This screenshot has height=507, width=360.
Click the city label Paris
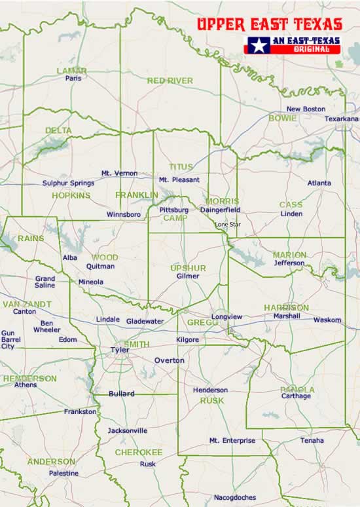pos(73,78)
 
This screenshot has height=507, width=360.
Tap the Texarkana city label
pos(342,119)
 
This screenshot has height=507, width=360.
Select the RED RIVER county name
pos(170,81)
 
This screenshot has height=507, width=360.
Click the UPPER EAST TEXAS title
pos(270,25)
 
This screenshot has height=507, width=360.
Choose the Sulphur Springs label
pos(68,183)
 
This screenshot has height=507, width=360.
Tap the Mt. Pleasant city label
pos(179,179)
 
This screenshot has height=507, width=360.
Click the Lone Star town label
pos(228,224)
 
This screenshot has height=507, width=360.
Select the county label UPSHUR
pos(188,269)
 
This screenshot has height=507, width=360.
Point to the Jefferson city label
pos(289,263)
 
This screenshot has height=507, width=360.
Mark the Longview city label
pos(226,317)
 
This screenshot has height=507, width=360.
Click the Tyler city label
pos(119,350)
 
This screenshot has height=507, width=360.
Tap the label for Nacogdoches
pos(234,498)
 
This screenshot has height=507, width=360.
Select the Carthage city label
pos(296,396)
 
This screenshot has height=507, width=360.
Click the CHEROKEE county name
pos(139,452)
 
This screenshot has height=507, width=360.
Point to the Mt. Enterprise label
pos(232,441)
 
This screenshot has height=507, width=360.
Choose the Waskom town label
pos(327,320)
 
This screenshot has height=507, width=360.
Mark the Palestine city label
pos(63,473)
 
